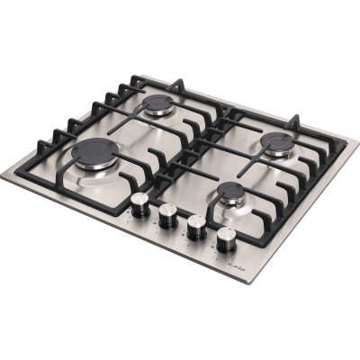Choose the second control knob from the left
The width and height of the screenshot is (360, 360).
[167, 214]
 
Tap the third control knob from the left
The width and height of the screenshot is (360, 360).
[194, 225]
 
